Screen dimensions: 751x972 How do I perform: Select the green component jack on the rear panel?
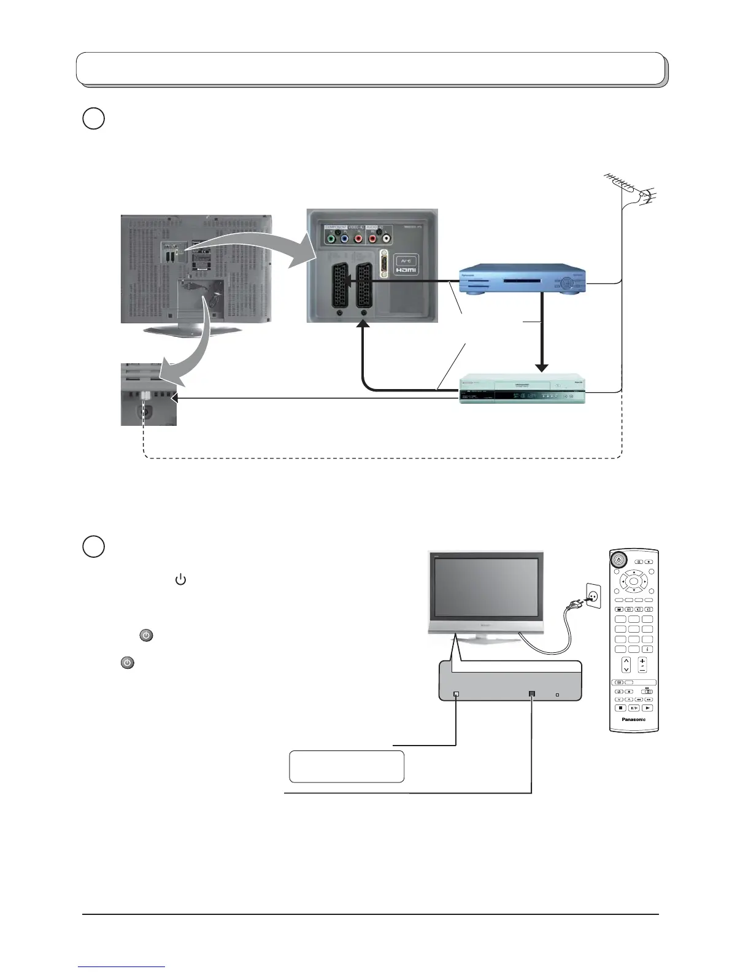point(332,240)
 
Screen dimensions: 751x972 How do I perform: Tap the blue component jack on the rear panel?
point(345,240)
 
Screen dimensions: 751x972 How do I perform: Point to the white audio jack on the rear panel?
point(386,240)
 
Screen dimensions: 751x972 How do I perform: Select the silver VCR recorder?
point(522,389)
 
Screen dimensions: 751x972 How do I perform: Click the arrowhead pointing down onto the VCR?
point(541,367)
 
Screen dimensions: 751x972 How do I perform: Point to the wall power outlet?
point(593,595)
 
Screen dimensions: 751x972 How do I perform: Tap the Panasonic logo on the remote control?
point(634,719)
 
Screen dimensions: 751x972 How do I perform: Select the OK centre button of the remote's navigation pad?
point(634,581)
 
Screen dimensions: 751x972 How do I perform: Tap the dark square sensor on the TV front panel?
point(531,694)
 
